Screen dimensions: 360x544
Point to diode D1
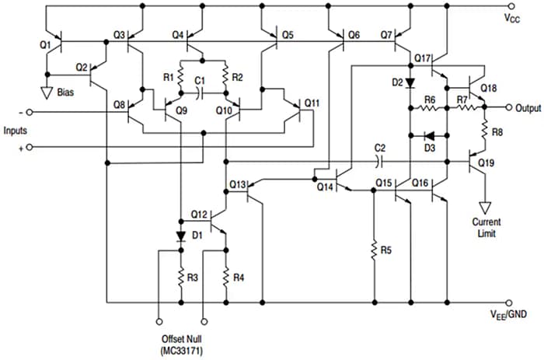pos(180,235)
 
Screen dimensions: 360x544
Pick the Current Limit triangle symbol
pos(486,208)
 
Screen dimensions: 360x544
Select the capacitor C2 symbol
pos(380,162)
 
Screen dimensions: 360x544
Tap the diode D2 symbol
pos(410,81)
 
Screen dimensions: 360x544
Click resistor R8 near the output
pos(486,132)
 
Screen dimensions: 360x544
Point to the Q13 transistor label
pos(238,185)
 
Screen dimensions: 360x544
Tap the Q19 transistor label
pos(487,163)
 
